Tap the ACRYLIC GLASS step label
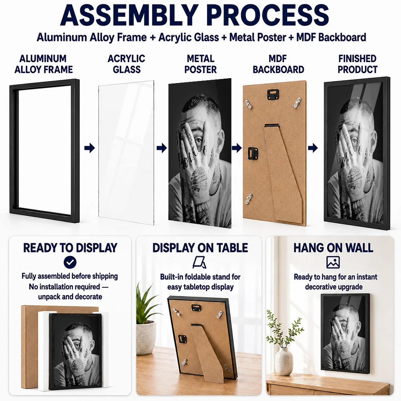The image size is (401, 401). tap(126, 64)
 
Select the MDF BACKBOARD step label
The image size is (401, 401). tap(278, 64)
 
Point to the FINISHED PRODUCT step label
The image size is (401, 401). tap(357, 64)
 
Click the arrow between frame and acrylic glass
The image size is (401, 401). tap(89, 148)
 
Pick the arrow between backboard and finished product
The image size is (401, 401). tap(313, 148)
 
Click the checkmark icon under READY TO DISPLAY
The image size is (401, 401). tap(70, 262)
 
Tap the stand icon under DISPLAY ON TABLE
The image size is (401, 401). tap(199, 262)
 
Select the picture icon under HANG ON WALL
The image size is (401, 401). tap(333, 262)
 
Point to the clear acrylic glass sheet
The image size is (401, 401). tap(126, 153)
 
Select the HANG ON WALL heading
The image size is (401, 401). tap(333, 248)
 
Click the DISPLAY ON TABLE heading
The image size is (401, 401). tap(200, 248)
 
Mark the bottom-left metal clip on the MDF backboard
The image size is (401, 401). tap(249, 198)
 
